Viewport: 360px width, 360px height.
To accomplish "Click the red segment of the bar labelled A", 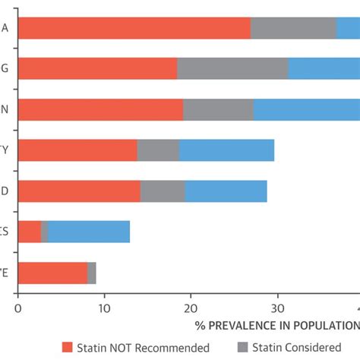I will pyautogui.click(x=134, y=28).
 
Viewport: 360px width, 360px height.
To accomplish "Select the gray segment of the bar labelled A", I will pyautogui.click(x=293, y=28).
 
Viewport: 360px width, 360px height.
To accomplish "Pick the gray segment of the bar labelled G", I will pyautogui.click(x=232, y=68).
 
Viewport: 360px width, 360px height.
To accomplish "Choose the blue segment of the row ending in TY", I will pyautogui.click(x=226, y=150).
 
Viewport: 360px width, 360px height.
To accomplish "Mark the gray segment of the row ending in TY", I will pyautogui.click(x=158, y=150).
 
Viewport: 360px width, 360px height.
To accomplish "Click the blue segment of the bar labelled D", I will pyautogui.click(x=226, y=191).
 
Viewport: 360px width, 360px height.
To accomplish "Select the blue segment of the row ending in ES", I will pyautogui.click(x=89, y=232).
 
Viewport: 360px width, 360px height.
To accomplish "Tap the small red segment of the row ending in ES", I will pyautogui.click(x=29, y=232).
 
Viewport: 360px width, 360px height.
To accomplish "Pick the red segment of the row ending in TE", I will pyautogui.click(x=52, y=273).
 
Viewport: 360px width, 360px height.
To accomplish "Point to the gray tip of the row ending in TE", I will pyautogui.click(x=92, y=273).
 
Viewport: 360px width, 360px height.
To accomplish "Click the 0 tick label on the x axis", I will pyautogui.click(x=17, y=308).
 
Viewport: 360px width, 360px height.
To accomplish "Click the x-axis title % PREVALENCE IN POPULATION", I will pyautogui.click(x=276, y=325).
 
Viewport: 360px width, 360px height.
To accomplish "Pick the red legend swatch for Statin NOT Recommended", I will pyautogui.click(x=68, y=347).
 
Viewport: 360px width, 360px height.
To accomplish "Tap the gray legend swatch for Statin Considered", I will pyautogui.click(x=244, y=347).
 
